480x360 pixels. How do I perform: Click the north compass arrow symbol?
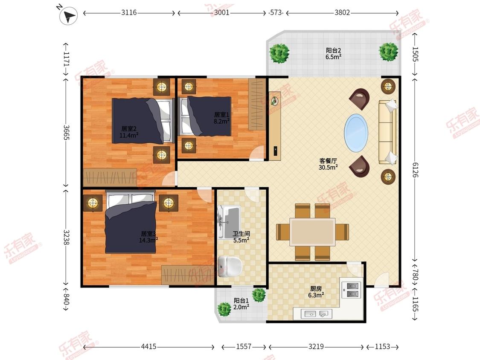69,15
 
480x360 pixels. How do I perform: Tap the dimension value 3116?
129,12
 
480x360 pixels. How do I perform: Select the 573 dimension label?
276,12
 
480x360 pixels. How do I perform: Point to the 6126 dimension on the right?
415,170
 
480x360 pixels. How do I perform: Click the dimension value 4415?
148,346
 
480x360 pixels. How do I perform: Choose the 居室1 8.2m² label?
221,118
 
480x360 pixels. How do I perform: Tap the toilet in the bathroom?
230,266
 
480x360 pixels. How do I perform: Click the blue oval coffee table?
356,133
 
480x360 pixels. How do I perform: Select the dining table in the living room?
313,232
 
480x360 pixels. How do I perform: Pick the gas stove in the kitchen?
352,290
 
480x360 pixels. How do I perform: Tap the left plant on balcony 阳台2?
279,53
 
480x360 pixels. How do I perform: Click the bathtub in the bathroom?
228,222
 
